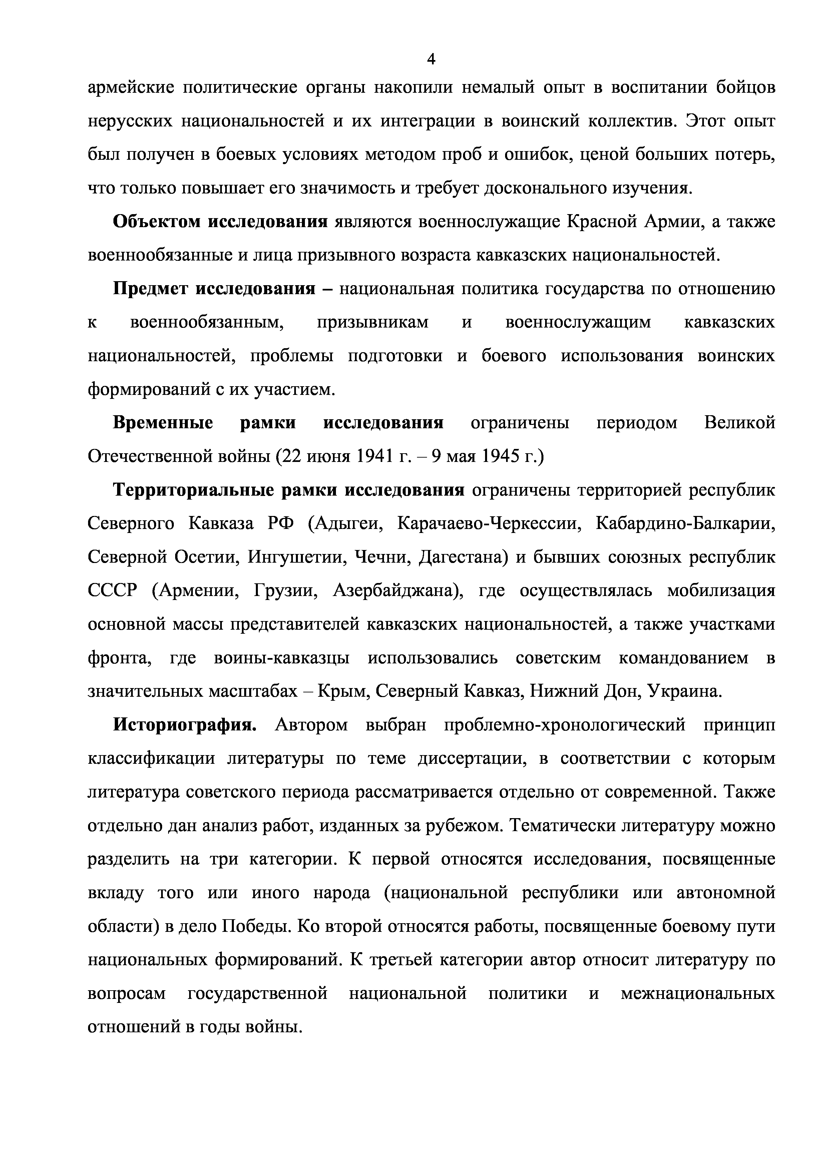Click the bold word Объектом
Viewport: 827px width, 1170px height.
(159, 222)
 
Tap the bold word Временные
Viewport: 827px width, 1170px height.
(162, 423)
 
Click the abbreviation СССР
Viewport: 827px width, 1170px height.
(113, 591)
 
